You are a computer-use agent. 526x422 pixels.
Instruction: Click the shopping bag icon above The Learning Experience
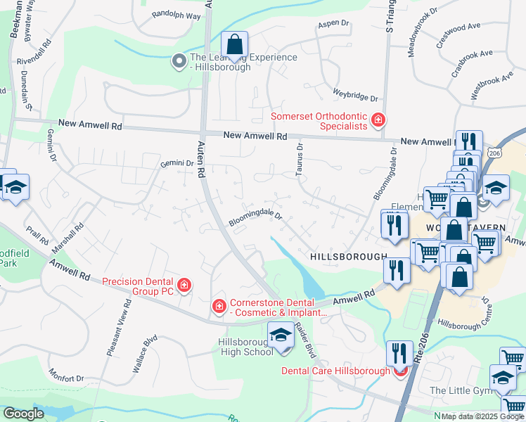point(235,44)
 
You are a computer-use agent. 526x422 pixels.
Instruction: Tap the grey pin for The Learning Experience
point(179,60)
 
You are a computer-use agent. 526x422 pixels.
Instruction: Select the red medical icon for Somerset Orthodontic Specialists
point(378,120)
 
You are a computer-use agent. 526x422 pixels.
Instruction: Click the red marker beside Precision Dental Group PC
point(184,285)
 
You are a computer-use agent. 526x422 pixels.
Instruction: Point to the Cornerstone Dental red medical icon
point(219,306)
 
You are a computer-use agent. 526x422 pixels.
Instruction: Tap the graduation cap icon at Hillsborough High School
point(281,335)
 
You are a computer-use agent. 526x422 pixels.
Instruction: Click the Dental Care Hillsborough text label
point(335,371)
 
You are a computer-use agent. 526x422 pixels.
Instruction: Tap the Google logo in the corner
point(23,414)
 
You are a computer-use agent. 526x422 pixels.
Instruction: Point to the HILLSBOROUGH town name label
point(348,257)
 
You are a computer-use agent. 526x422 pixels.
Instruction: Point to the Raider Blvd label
point(303,336)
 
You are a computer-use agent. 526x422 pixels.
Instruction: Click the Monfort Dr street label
point(66,378)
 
